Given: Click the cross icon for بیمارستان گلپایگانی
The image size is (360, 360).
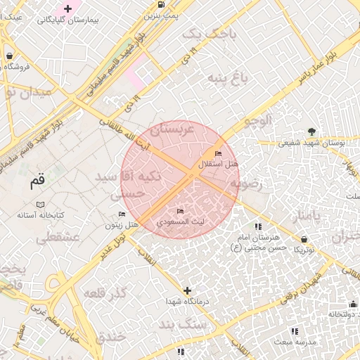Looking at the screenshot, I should point(67,8).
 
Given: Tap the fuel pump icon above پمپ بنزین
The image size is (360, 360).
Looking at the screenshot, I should point(162,5).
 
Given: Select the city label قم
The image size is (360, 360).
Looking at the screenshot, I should point(37,181).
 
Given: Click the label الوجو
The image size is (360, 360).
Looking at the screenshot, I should point(257,121).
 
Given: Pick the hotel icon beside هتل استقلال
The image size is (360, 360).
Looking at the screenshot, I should point(218,153).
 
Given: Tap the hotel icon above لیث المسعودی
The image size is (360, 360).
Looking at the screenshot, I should point(181,211).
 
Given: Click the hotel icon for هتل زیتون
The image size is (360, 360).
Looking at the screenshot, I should point(122,214).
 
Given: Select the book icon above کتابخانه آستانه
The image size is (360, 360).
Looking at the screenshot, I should point(40,204).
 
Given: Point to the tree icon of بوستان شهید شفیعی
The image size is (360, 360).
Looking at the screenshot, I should point(311,131).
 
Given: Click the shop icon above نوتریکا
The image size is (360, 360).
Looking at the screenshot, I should point(304,239).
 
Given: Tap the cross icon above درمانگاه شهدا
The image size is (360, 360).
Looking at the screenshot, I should point(187,290).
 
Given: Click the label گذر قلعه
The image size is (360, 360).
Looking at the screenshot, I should point(105,292).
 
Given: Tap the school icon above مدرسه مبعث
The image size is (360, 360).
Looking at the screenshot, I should point(295,330).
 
